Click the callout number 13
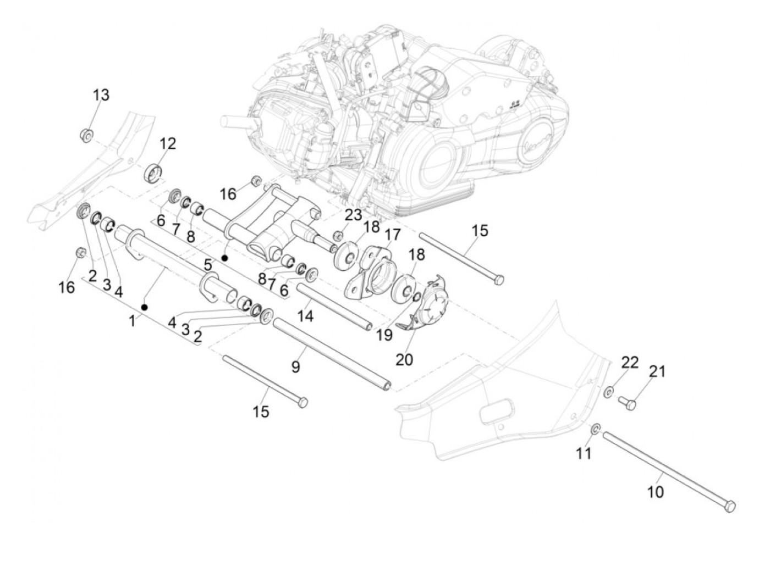[x=101, y=95]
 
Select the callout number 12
[x=168, y=144]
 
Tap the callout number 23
[x=353, y=215]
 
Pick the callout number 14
[x=306, y=316]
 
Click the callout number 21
[x=657, y=372]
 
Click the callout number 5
[x=208, y=265]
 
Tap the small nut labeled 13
[x=86, y=134]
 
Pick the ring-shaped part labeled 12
[x=153, y=171]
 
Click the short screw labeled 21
[x=629, y=404]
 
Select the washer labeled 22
[x=610, y=392]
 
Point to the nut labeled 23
[x=337, y=237]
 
